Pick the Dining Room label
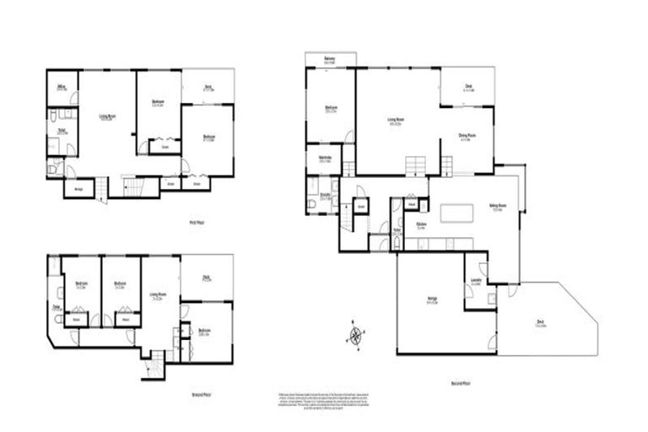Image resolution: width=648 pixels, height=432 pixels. [465, 138]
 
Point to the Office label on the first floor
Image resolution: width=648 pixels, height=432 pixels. [62, 88]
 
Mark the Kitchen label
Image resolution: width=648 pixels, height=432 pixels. [421, 226]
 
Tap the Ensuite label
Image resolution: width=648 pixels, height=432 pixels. [324, 197]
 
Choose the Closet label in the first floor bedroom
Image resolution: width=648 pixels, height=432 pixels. [165, 147]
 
